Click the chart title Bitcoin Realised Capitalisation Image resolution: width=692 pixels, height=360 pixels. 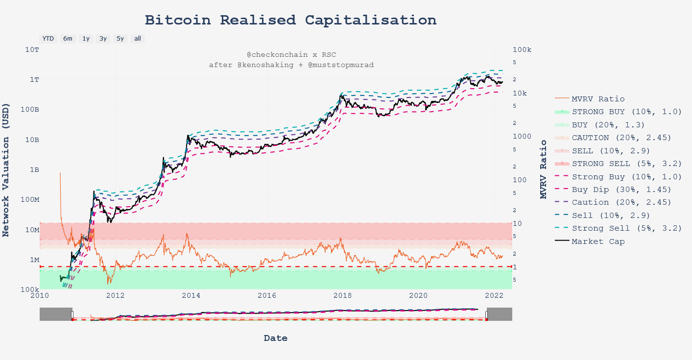click(290, 21)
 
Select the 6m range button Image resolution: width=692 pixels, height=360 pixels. click(68, 39)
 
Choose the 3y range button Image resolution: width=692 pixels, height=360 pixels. click(103, 39)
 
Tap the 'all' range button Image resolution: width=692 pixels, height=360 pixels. click(138, 39)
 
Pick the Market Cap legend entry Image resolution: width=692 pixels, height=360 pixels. click(598, 241)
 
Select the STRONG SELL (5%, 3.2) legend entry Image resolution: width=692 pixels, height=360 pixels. click(627, 164)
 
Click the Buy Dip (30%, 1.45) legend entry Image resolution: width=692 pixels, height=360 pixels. click(621, 190)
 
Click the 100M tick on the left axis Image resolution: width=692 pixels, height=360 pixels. click(28, 200)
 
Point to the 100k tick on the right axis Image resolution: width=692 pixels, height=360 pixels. click(522, 50)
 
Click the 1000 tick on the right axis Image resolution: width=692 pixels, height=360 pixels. click(522, 137)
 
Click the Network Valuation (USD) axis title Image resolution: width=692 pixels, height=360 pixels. click(6, 169)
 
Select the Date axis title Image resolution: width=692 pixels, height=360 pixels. click(275, 338)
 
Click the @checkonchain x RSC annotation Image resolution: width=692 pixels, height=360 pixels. click(291, 55)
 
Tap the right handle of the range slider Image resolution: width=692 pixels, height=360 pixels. click(486, 314)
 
